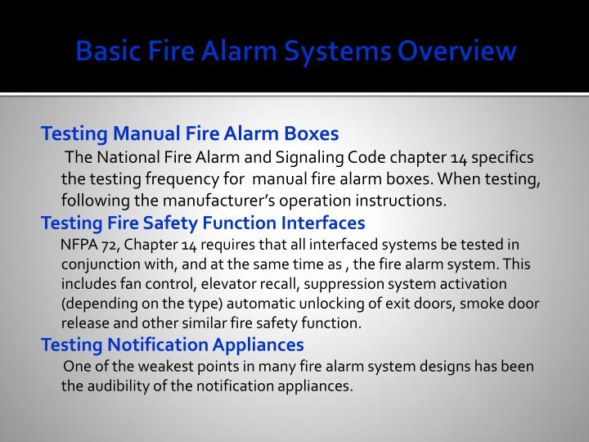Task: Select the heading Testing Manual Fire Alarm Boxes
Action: point(190,133)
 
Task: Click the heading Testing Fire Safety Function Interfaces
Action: point(203,223)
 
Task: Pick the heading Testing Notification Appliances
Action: point(173,345)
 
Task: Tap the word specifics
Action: point(503,157)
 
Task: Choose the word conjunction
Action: point(97,264)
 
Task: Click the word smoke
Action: point(468,303)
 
